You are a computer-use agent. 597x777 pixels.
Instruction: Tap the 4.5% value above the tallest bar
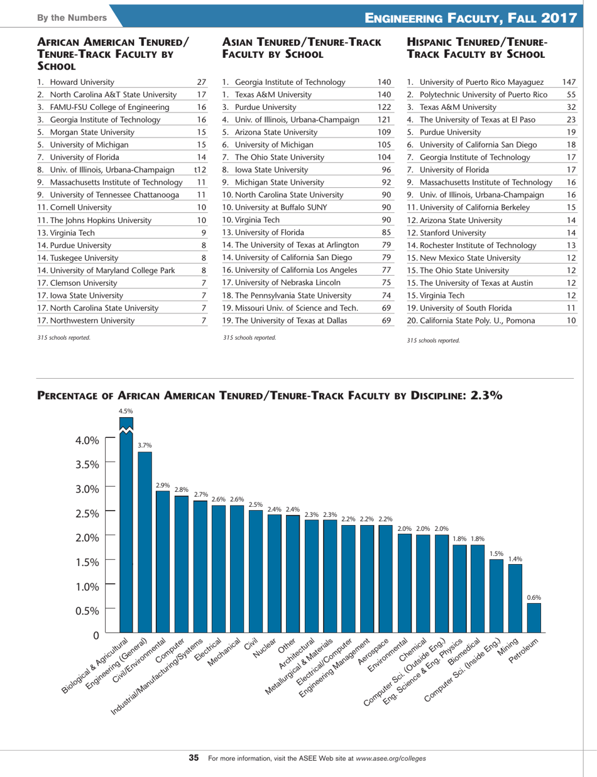(127, 411)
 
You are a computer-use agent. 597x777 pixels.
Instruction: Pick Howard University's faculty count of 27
(202, 81)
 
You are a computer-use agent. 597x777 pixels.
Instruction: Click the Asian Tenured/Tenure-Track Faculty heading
(302, 48)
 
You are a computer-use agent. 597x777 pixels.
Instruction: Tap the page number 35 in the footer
(194, 758)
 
